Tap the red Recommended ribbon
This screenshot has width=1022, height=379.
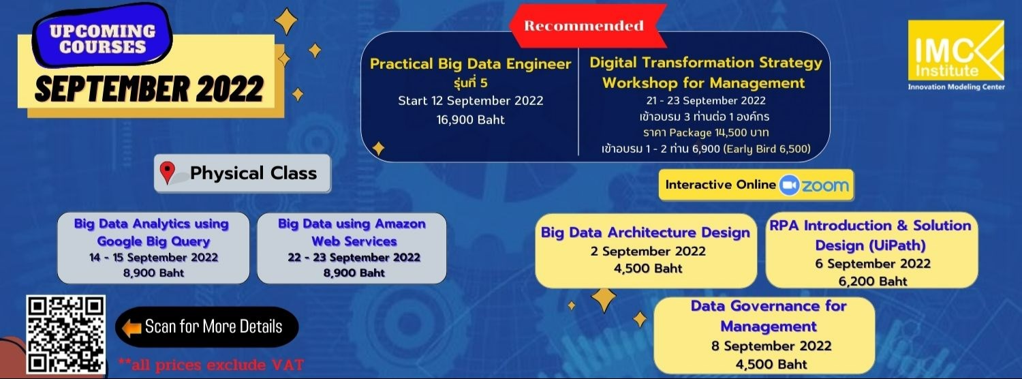click(584, 27)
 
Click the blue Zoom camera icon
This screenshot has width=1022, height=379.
click(789, 185)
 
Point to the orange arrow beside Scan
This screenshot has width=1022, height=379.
click(130, 327)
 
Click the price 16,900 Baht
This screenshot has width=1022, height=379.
click(470, 119)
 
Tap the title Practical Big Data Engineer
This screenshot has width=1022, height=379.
click(470, 64)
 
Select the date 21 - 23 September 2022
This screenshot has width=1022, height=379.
click(706, 101)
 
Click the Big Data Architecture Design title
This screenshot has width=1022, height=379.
click(645, 232)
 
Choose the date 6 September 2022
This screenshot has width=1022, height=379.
click(873, 263)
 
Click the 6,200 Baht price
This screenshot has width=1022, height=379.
click(873, 280)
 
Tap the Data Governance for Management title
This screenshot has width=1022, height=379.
click(768, 316)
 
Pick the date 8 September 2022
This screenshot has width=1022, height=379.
click(771, 346)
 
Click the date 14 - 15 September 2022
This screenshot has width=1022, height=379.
click(153, 258)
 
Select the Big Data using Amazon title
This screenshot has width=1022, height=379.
click(352, 232)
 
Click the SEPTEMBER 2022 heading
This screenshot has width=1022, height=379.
click(149, 89)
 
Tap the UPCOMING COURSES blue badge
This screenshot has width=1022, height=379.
click(103, 39)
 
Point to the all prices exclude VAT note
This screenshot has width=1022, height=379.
click(211, 364)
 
